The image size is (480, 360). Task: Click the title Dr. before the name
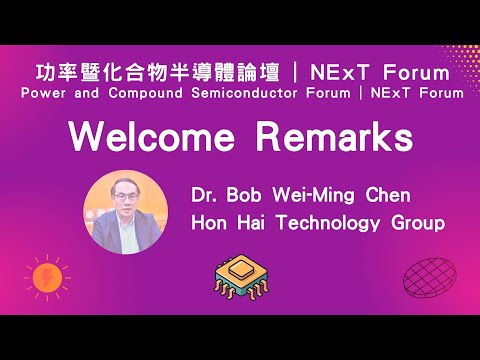pyautogui.click(x=206, y=193)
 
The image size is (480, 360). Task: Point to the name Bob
pyautogui.click(x=246, y=193)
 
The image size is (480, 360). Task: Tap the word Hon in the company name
pyautogui.click(x=210, y=222)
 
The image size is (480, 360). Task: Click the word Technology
pyautogui.click(x=329, y=223)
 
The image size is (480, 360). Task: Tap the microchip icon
pyautogui.click(x=240, y=280)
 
